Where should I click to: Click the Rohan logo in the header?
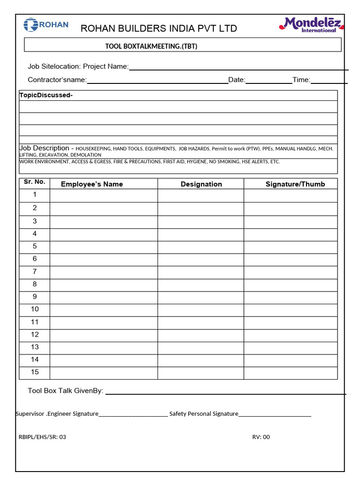pyautogui.click(x=46, y=25)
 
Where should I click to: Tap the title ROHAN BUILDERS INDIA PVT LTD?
pyautogui.click(x=159, y=29)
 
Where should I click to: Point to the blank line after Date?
pyautogui.click(x=268, y=81)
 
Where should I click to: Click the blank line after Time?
pyautogui.click(x=329, y=81)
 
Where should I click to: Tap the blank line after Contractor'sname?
pyautogui.click(x=157, y=81)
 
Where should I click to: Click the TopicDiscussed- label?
pyautogui.click(x=46, y=96)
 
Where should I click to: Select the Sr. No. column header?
pyautogui.click(x=34, y=182)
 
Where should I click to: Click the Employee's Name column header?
pyautogui.click(x=92, y=184)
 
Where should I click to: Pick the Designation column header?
pyautogui.click(x=201, y=184)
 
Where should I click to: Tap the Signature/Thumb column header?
pyautogui.click(x=295, y=184)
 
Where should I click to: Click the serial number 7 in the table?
pyautogui.click(x=35, y=272)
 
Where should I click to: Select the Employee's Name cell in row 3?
pyautogui.click(x=104, y=222)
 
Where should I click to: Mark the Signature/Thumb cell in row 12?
pyautogui.click(x=290, y=335)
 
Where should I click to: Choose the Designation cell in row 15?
pyautogui.click(x=201, y=373)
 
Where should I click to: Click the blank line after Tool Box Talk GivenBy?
pyautogui.click(x=225, y=392)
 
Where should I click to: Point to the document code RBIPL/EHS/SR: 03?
pyautogui.click(x=42, y=437)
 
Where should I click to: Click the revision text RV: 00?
pyautogui.click(x=261, y=437)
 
